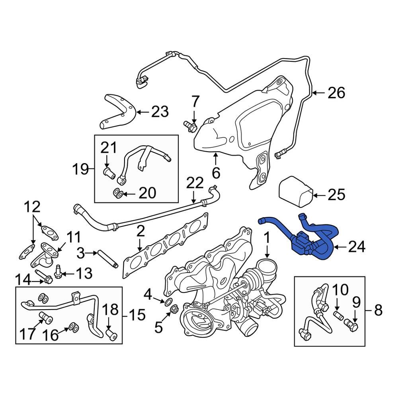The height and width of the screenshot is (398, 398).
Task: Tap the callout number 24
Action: (356, 248)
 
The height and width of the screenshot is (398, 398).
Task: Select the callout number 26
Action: (336, 93)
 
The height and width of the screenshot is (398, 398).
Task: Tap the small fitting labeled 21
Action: (109, 174)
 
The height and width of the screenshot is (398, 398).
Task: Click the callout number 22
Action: (195, 184)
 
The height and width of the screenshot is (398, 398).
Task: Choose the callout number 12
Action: (32, 207)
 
